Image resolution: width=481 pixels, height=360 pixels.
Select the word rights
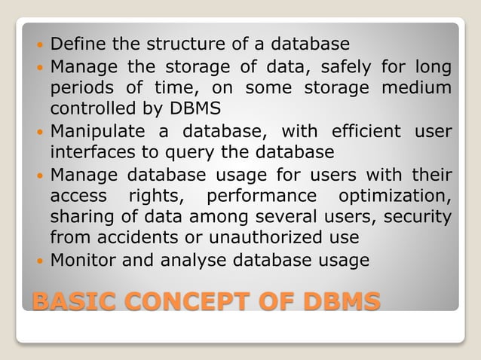click(157, 197)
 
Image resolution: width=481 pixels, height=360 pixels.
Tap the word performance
click(262, 197)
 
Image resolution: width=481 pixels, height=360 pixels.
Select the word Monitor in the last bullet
click(80, 261)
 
